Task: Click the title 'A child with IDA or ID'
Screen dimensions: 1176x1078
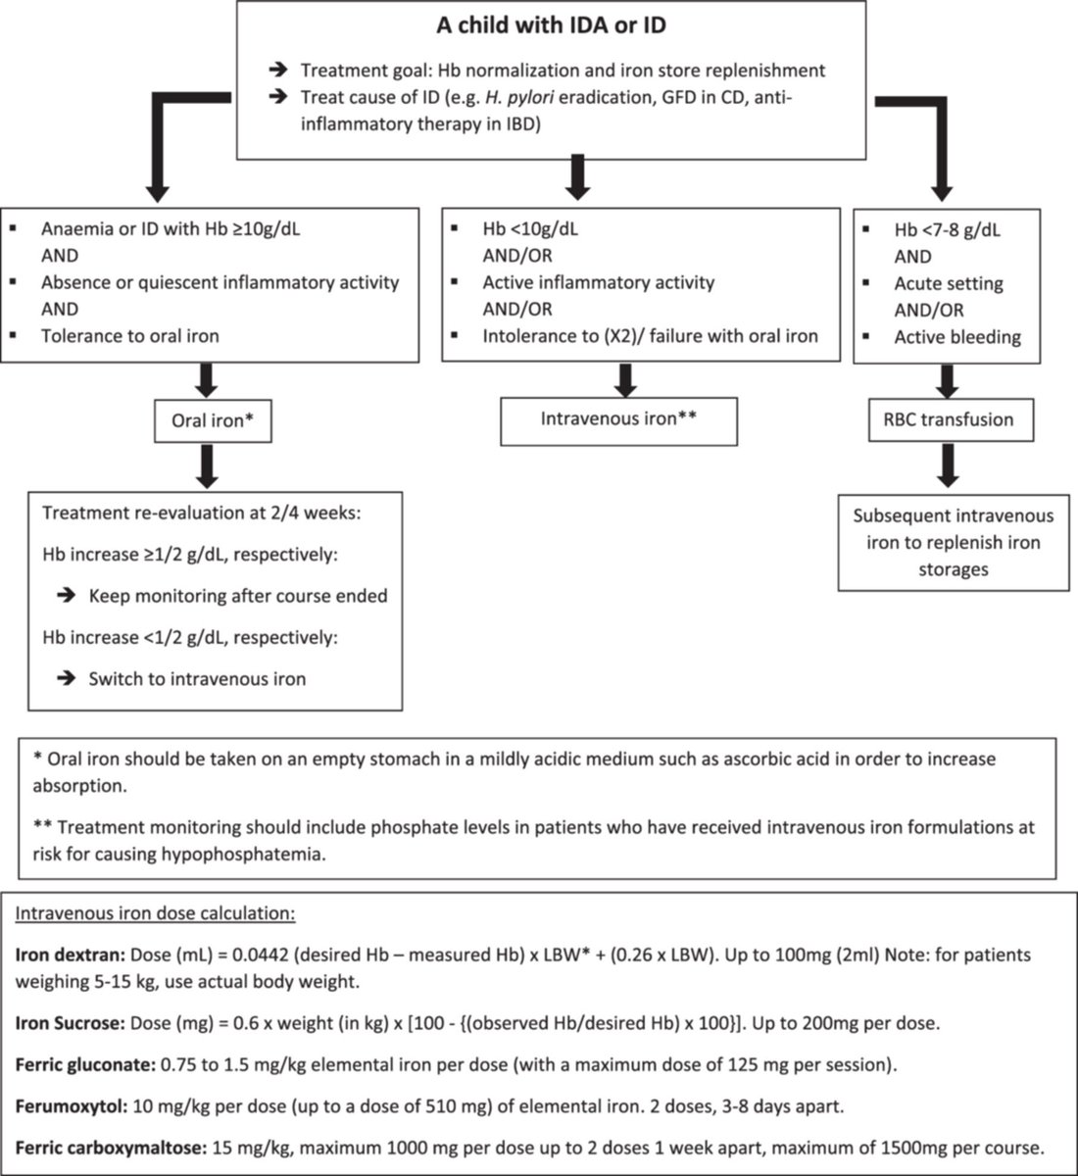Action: tap(551, 25)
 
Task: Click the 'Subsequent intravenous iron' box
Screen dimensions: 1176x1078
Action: tap(953, 542)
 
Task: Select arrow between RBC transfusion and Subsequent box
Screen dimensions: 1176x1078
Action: tap(947, 466)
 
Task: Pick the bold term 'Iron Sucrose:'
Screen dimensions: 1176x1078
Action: tap(65, 1024)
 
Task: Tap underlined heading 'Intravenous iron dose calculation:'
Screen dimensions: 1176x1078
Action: tap(155, 913)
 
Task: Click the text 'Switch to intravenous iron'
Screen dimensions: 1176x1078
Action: tap(197, 678)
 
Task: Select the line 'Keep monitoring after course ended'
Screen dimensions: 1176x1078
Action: tap(238, 596)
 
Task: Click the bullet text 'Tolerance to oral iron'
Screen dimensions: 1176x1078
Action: tap(129, 336)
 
